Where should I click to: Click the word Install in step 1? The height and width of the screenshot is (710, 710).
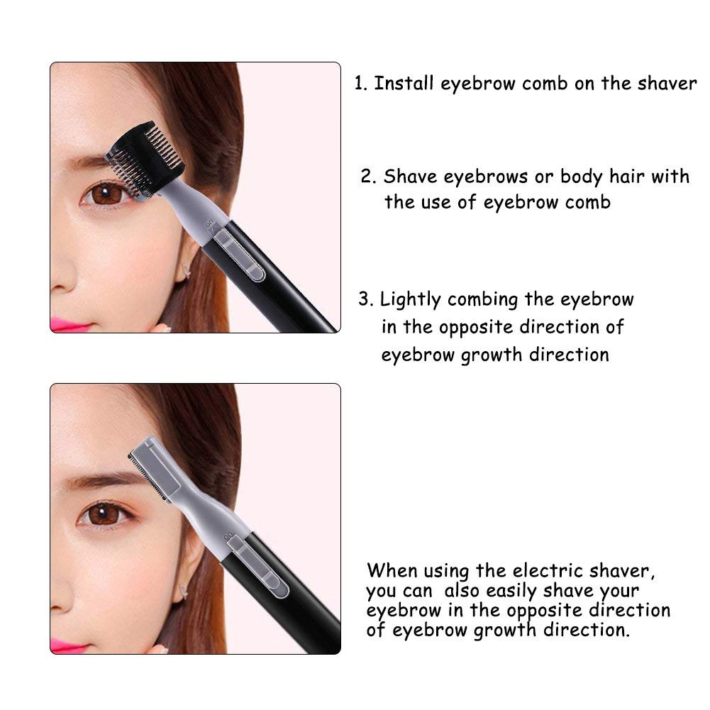coord(404,83)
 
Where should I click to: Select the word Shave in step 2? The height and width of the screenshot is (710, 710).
coord(410,176)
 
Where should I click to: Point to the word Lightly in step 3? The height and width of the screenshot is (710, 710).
coord(410,300)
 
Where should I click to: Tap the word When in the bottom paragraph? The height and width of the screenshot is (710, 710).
coord(392,570)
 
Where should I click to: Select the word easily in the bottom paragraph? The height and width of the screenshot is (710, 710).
coord(511,592)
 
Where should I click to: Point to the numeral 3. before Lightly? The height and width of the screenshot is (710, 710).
coord(366,299)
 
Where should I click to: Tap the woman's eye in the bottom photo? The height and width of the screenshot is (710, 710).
coord(104,514)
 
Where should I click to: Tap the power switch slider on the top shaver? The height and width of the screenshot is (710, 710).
coord(238,255)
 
